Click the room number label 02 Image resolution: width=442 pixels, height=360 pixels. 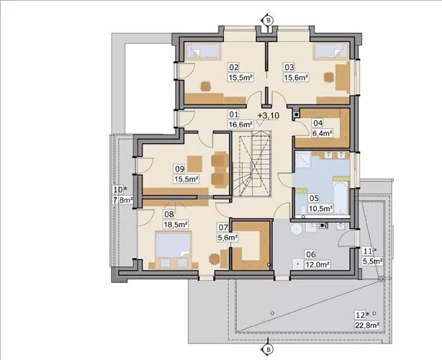tap(234, 68)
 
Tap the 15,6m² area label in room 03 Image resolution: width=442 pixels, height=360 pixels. tap(295, 77)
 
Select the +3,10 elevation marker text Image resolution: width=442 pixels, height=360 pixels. tap(269, 116)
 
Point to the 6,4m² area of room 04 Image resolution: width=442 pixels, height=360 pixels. tap(322, 133)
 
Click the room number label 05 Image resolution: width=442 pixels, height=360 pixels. tap(314, 198)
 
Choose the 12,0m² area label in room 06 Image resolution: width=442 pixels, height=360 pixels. tap(317, 265)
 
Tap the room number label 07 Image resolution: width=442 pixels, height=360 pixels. tap(223, 228)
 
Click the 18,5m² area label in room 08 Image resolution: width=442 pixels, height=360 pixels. tap(176, 225)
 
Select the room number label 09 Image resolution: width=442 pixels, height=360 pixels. tap(180, 169)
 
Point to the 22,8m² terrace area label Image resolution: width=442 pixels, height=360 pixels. tap(366, 325)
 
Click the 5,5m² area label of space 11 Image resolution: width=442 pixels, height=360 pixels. tap(372, 261)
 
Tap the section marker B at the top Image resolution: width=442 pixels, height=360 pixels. tap(269, 20)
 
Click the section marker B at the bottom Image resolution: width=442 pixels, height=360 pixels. tap(269, 350)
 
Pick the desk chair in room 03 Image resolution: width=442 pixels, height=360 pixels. tap(328, 77)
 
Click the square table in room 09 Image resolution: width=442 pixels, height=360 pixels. tap(194, 163)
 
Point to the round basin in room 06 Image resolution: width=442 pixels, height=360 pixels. tap(297, 230)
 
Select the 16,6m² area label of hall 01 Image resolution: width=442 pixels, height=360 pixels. tap(240, 124)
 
